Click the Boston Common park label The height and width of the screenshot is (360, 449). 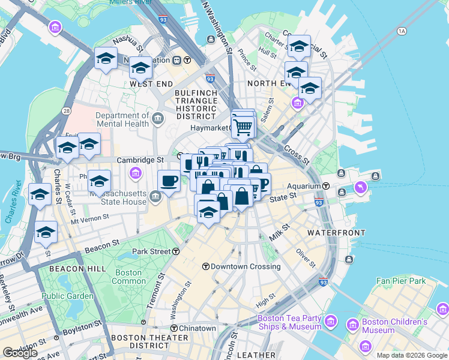(128, 277)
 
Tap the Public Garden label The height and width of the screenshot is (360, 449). (68, 296)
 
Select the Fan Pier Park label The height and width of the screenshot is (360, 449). (400, 281)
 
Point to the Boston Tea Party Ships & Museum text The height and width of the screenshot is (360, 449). (289, 323)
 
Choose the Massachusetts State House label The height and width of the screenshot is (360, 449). (118, 197)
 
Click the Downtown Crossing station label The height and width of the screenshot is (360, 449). (234, 266)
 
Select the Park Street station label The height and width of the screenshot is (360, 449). (156, 251)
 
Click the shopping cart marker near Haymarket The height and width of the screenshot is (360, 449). (243, 126)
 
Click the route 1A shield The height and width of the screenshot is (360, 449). (402, 31)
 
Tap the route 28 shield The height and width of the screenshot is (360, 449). (65, 111)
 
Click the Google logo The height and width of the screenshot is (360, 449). (20, 353)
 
